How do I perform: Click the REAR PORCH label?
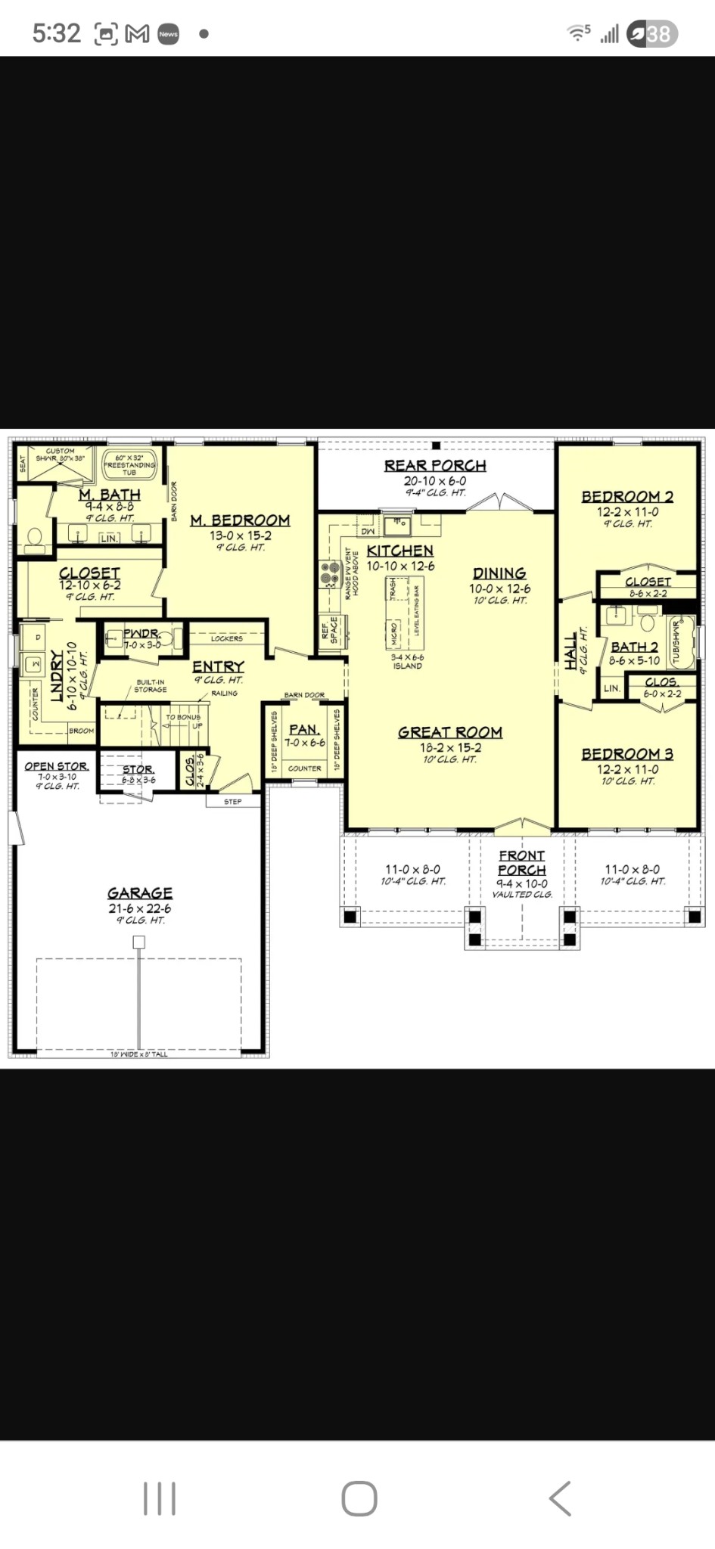(435, 466)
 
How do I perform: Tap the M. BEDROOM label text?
(240, 520)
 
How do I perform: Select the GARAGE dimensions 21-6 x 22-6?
(140, 908)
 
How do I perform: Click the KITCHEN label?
(399, 551)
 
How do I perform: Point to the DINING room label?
(499, 573)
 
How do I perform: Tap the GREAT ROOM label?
(450, 732)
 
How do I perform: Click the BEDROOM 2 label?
(627, 497)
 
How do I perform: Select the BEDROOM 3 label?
(627, 754)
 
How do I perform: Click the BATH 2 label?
(634, 647)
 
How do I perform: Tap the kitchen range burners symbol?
(329, 573)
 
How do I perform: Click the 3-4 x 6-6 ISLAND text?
(407, 662)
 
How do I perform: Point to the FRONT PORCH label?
(521, 862)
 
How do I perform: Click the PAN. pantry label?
(304, 730)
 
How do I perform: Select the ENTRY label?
(218, 666)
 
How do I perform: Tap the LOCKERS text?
(227, 638)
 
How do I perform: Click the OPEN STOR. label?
(57, 766)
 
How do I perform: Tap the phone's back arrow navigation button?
(559, 1498)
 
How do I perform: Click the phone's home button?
(359, 1498)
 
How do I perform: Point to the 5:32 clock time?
(56, 33)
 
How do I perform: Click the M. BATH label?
(110, 495)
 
